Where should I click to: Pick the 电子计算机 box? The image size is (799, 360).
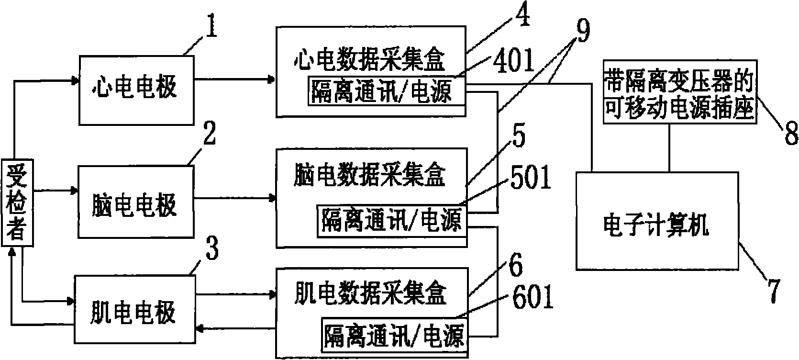click(x=656, y=221)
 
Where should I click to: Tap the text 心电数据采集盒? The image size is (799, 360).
click(x=368, y=60)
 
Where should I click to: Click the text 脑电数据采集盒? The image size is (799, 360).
click(x=368, y=176)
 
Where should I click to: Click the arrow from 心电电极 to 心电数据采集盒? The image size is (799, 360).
click(x=235, y=79)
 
